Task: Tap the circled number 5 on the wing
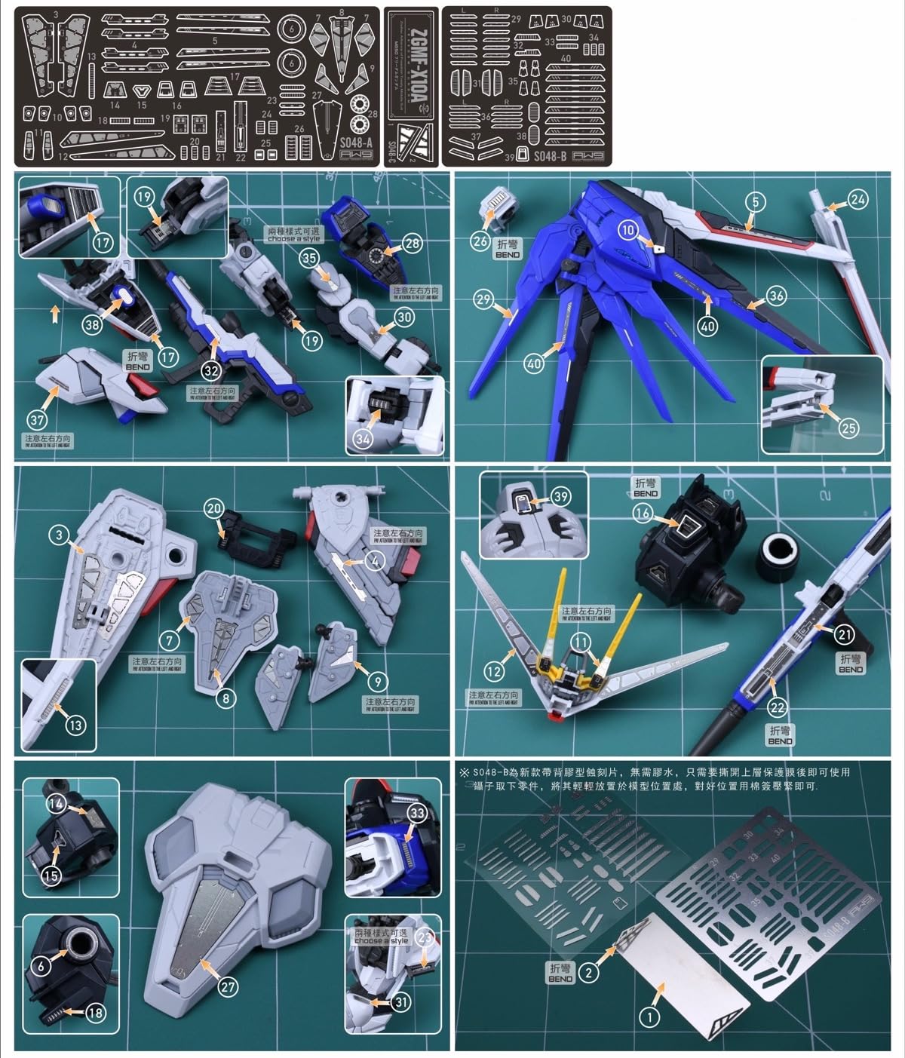755,201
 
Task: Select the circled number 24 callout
857,199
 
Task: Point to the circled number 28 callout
412,244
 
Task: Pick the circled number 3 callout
60,535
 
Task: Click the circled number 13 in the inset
75,725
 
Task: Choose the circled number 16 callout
643,514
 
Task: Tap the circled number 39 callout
560,496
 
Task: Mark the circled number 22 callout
777,707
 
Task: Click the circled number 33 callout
417,812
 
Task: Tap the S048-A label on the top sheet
355,143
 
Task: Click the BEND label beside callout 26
508,250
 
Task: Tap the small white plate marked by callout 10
658,247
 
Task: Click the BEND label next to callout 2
560,973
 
